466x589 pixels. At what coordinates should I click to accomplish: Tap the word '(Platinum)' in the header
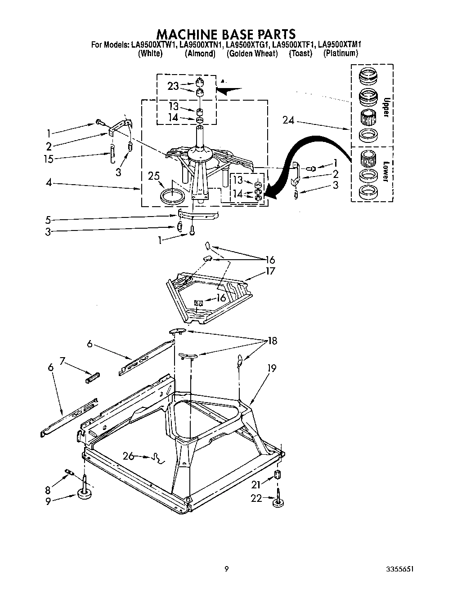341,53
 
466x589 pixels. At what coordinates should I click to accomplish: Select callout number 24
289,120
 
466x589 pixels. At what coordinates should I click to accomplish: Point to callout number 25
154,176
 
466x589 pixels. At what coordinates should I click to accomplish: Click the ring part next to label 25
172,196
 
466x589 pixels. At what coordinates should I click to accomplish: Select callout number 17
270,271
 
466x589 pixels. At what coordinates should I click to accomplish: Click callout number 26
129,456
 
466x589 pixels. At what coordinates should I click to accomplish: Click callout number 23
173,86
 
